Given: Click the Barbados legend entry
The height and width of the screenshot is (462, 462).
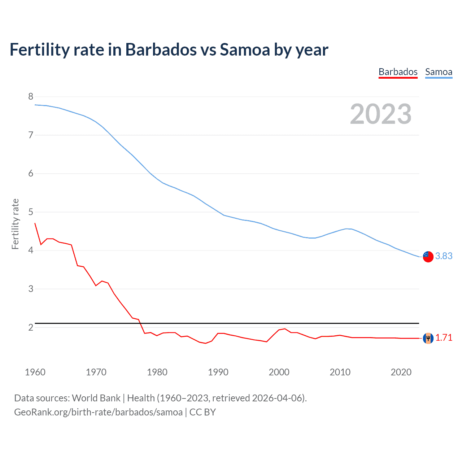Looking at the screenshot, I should (398, 72).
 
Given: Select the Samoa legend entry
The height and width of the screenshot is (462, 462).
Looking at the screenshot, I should (439, 72).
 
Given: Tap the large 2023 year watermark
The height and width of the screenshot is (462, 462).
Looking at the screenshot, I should (380, 114).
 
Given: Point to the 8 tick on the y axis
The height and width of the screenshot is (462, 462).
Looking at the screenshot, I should (31, 96).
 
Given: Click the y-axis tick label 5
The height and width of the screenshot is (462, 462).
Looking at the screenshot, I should (31, 212).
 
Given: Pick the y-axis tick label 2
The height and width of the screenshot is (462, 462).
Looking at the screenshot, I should (31, 327).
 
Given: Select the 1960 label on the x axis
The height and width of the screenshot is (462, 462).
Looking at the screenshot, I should (35, 372).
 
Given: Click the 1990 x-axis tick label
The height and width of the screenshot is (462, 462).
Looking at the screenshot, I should (218, 372).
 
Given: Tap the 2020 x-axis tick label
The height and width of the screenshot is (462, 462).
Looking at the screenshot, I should (401, 372).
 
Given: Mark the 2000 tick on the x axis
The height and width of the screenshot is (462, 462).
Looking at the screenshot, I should (279, 372).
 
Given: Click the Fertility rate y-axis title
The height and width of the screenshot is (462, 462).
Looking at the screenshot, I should (15, 224).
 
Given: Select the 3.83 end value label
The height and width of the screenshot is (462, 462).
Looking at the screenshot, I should (444, 256).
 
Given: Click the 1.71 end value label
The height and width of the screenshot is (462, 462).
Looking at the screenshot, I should (444, 337).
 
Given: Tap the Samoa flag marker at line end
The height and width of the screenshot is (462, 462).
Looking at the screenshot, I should (428, 257).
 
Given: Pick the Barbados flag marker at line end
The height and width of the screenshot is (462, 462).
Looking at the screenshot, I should (428, 338).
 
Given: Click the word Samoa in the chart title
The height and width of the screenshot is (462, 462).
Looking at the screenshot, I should (245, 49).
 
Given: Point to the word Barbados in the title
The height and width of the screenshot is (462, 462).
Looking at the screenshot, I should (161, 49).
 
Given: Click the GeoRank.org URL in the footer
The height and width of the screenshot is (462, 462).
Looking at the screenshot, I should (98, 412).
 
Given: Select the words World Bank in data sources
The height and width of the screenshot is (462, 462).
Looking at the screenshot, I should (96, 398).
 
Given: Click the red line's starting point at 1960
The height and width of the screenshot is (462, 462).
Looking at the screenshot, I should (35, 223).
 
